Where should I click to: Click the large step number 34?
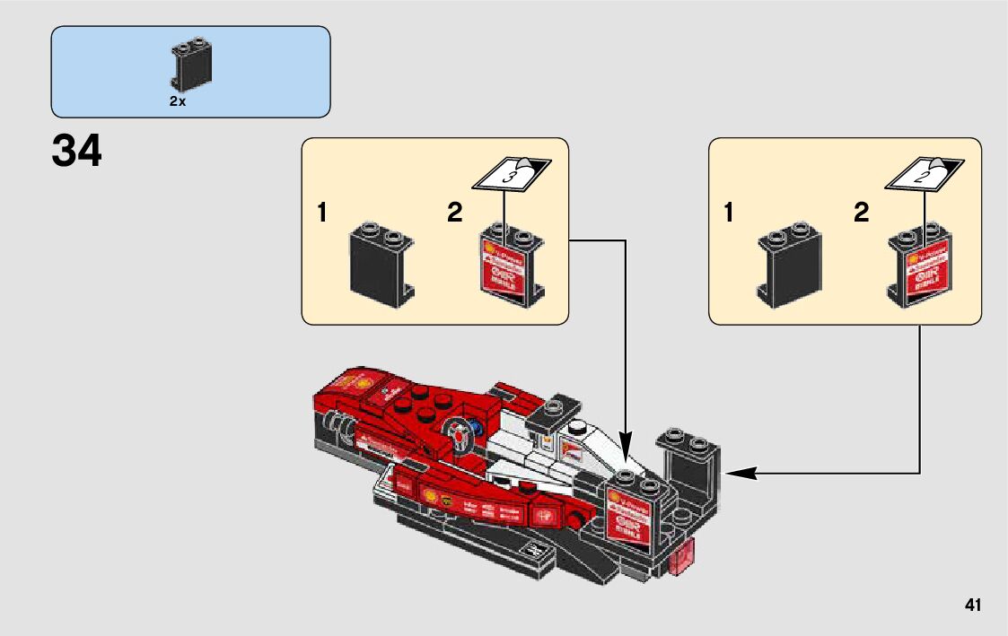point(77,152)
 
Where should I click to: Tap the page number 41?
point(972,606)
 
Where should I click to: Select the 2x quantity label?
point(177,102)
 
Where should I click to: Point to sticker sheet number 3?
point(510,175)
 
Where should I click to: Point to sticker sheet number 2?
point(919,175)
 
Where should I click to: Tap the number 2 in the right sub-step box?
point(862,213)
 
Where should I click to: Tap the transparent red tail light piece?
point(682,556)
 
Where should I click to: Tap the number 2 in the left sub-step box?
point(454,213)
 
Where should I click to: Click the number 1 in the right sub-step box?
point(729,213)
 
